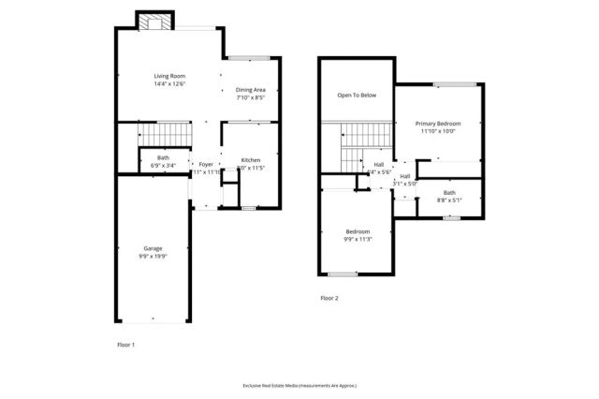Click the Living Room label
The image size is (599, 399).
(x=170, y=76)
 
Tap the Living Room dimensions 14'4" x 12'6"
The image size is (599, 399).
(x=170, y=84)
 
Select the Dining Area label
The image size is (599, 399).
(x=251, y=89)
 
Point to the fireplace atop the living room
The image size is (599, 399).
(x=153, y=21)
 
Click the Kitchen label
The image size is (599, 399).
(x=251, y=160)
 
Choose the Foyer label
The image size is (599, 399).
(x=206, y=164)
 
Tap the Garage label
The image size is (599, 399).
(x=153, y=248)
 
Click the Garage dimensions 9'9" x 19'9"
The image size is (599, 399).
(x=153, y=257)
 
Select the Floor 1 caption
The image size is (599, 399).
(x=126, y=346)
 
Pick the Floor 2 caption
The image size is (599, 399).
(x=329, y=298)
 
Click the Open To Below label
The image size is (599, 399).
(x=357, y=95)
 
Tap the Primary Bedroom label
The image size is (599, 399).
(x=436, y=123)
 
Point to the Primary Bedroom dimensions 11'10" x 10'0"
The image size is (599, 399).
(x=436, y=131)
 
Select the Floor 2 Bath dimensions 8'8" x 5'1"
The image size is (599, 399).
(x=449, y=199)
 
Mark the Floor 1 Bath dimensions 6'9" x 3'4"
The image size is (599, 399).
(x=163, y=165)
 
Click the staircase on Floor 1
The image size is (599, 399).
(x=164, y=133)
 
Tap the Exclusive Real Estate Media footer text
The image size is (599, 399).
(x=299, y=385)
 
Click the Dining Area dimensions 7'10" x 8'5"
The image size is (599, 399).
(x=251, y=97)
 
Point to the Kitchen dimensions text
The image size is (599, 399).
(x=250, y=169)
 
